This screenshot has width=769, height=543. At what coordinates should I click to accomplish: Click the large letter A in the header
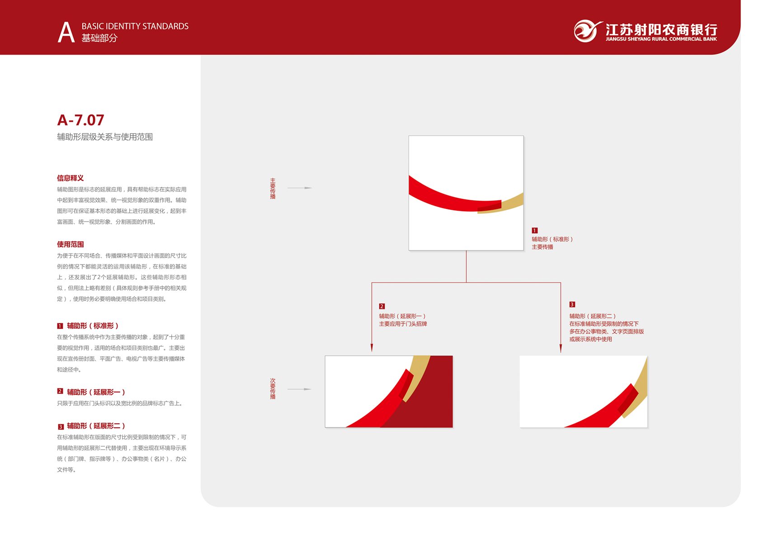tap(66, 32)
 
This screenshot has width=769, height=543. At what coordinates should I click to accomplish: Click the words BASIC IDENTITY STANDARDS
tap(135, 26)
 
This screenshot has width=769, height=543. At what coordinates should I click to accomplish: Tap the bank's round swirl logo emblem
tap(587, 31)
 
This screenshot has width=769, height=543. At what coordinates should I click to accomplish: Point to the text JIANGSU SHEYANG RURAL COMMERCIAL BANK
tap(661, 39)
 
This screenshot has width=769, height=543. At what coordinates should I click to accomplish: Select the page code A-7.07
tap(80, 120)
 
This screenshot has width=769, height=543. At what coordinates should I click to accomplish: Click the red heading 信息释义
tap(71, 178)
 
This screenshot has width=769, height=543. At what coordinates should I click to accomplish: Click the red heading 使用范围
tap(71, 244)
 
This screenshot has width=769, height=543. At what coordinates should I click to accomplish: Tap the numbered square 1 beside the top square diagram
tap(534, 230)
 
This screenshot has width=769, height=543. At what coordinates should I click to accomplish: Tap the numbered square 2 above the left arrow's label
tap(382, 306)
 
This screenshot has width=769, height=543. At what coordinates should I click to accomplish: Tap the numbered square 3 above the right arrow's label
tap(572, 304)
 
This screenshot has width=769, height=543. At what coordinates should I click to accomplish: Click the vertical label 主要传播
tap(273, 188)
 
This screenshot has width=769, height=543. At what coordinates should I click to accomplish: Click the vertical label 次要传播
tap(273, 388)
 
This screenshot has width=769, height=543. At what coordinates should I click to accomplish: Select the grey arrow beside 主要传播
tap(299, 188)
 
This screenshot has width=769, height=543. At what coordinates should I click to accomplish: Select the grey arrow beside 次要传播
tap(299, 389)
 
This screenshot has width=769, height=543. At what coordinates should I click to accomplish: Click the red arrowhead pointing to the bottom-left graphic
tap(372, 348)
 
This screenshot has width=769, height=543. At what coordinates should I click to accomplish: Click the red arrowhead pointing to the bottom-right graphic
tap(561, 349)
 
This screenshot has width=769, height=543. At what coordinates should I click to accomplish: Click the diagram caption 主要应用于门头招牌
tap(403, 324)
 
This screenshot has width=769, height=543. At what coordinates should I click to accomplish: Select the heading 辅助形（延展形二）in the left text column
tap(96, 426)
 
